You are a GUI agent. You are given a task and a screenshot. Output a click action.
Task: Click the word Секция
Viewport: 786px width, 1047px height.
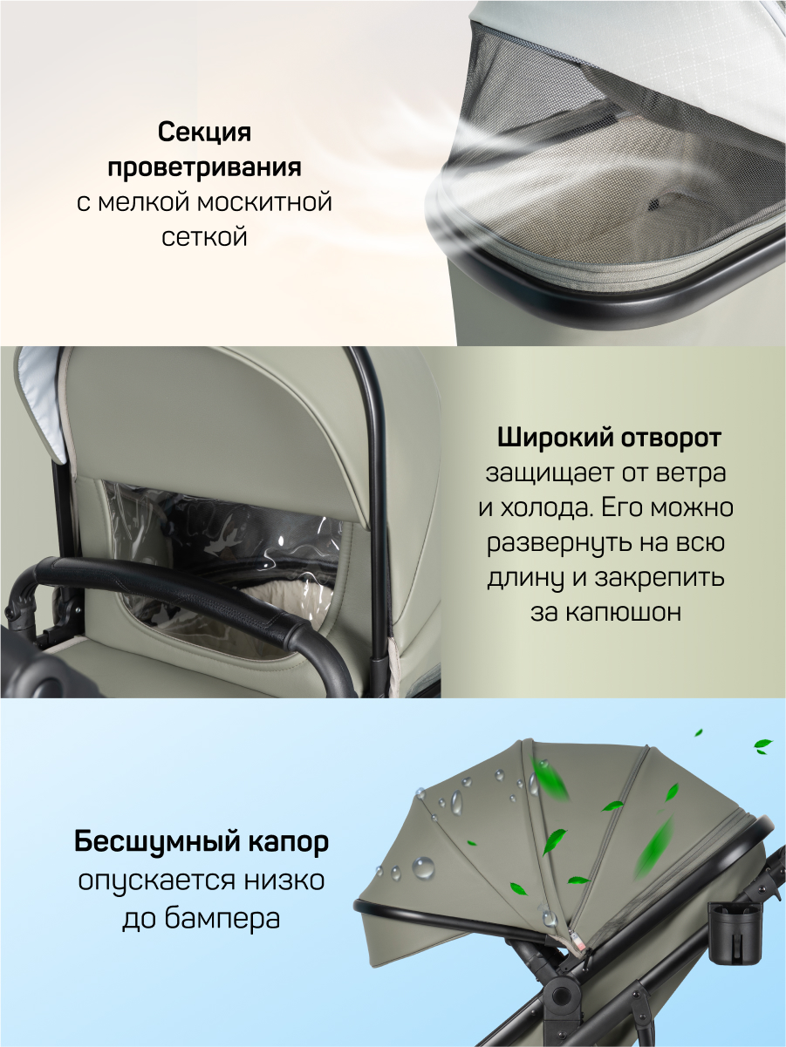pyautogui.click(x=204, y=133)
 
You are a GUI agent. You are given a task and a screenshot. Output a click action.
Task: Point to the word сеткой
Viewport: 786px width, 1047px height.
pyautogui.click(x=204, y=236)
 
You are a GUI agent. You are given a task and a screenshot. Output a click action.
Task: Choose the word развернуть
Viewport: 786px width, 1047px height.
pyautogui.click(x=563, y=543)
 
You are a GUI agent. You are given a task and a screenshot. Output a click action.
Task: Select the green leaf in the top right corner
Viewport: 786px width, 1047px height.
pyautogui.click(x=762, y=746)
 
